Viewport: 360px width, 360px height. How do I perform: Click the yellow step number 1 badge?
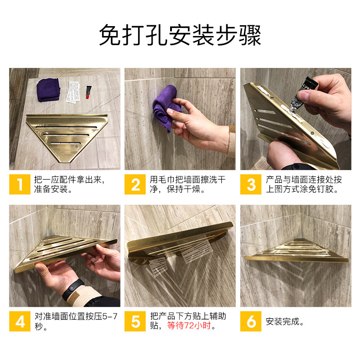pyautogui.click(x=20, y=184)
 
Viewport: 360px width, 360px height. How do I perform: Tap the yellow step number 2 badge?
pyautogui.click(x=135, y=184)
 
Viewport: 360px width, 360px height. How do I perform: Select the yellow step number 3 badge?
pyautogui.click(x=251, y=184)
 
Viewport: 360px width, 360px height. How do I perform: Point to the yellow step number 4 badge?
pyautogui.click(x=20, y=321)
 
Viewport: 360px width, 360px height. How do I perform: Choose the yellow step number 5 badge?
pyautogui.click(x=135, y=321)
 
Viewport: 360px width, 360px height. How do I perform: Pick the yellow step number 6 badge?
pyautogui.click(x=251, y=321)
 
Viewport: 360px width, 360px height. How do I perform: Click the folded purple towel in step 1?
pyautogui.click(x=48, y=90)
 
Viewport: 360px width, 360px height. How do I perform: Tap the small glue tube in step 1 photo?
pyautogui.click(x=88, y=92)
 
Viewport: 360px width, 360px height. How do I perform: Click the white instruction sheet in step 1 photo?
pyautogui.click(x=73, y=92)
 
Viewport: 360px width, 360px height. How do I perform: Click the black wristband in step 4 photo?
pyautogui.click(x=72, y=290)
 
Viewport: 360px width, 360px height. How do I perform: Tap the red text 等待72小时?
pyautogui.click(x=189, y=325)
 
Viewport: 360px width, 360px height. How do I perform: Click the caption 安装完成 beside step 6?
pyautogui.click(x=284, y=321)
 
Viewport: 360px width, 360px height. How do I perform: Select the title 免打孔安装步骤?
pyautogui.click(x=180, y=35)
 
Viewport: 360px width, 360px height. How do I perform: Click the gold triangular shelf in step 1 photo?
pyautogui.click(x=67, y=137)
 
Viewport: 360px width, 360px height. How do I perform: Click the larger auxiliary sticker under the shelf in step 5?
pyautogui.click(x=197, y=251)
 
